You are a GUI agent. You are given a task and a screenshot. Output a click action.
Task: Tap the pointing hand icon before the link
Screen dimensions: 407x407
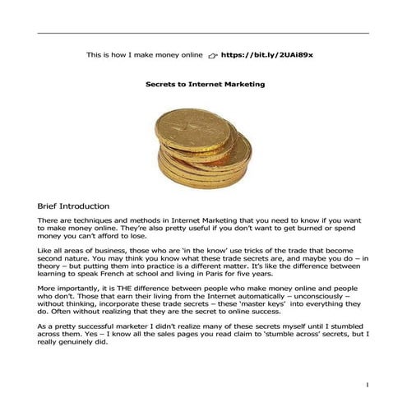[x=212, y=56]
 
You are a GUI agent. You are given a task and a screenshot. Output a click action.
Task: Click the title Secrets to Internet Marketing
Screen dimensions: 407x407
[x=204, y=84]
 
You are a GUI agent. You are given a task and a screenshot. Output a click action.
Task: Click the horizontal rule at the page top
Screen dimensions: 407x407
[x=203, y=33]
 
